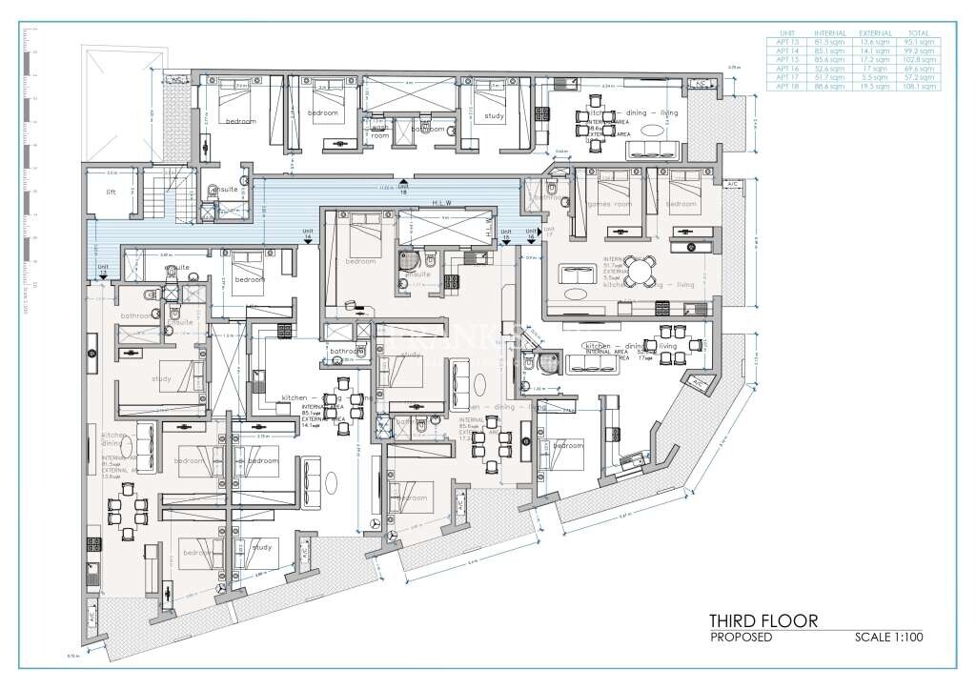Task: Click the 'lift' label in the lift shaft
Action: pyautogui.click(x=111, y=191)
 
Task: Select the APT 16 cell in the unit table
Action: pyautogui.click(x=786, y=70)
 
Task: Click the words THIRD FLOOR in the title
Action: pyautogui.click(x=762, y=620)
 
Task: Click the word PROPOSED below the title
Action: pyautogui.click(x=741, y=638)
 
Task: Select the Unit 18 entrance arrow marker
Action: pyautogui.click(x=403, y=182)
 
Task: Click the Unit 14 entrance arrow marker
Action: pyautogui.click(x=308, y=242)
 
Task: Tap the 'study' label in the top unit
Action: pyautogui.click(x=494, y=116)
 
